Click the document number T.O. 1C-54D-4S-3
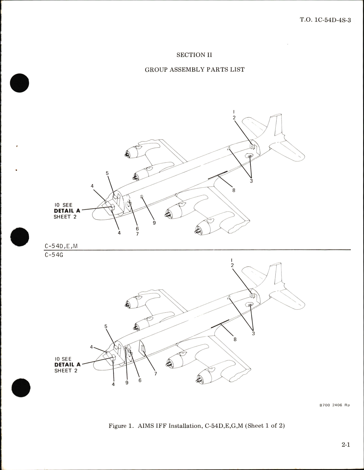(x=325, y=20)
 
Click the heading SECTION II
(x=194, y=55)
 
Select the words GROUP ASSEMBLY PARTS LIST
(x=194, y=70)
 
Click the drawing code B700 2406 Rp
(x=334, y=405)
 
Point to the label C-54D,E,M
(x=61, y=246)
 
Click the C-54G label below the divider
(x=54, y=254)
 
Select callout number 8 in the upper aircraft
(x=234, y=190)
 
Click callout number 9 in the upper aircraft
(x=154, y=223)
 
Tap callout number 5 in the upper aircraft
(x=107, y=173)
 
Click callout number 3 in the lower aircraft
(x=253, y=333)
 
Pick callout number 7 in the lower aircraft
(x=156, y=374)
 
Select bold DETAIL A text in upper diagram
(x=67, y=211)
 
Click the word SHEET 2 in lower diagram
(x=66, y=371)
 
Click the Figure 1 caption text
(x=196, y=426)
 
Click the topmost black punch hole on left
(x=20, y=83)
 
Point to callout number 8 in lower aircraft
(x=235, y=339)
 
